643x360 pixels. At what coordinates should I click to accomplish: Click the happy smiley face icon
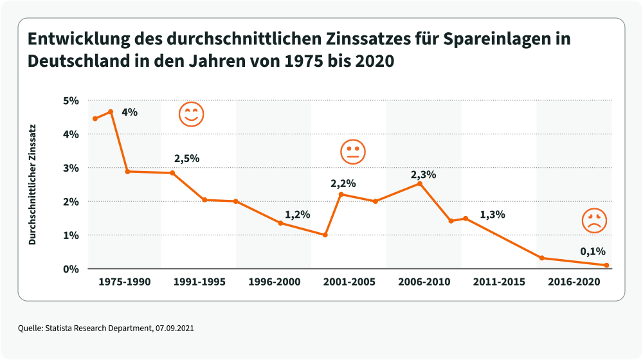pos(191,114)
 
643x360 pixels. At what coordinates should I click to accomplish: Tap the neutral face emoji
pos(352,151)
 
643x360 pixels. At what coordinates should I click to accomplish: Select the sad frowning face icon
pos(594,221)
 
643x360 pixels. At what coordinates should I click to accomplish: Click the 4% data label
pos(129,112)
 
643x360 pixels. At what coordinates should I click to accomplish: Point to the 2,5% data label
pos(187,158)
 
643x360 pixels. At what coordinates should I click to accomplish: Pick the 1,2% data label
pos(298,215)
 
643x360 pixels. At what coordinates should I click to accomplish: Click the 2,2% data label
pos(343,184)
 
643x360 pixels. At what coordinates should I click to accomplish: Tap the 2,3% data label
pos(424,174)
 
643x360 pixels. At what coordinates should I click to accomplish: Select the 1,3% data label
pos(493,215)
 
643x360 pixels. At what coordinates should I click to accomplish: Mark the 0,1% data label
pos(592,251)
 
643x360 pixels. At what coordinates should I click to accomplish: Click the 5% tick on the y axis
pos(70,101)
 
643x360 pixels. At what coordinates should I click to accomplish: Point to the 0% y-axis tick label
pos(70,269)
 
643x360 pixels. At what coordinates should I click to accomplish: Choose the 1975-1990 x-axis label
pos(124,282)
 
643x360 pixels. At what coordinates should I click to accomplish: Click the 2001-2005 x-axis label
pos(349,282)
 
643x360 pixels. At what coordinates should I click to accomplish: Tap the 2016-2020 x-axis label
pos(574,282)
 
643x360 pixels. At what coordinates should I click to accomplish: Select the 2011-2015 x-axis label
pos(499,282)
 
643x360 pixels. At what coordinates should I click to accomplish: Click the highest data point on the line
pos(111,112)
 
